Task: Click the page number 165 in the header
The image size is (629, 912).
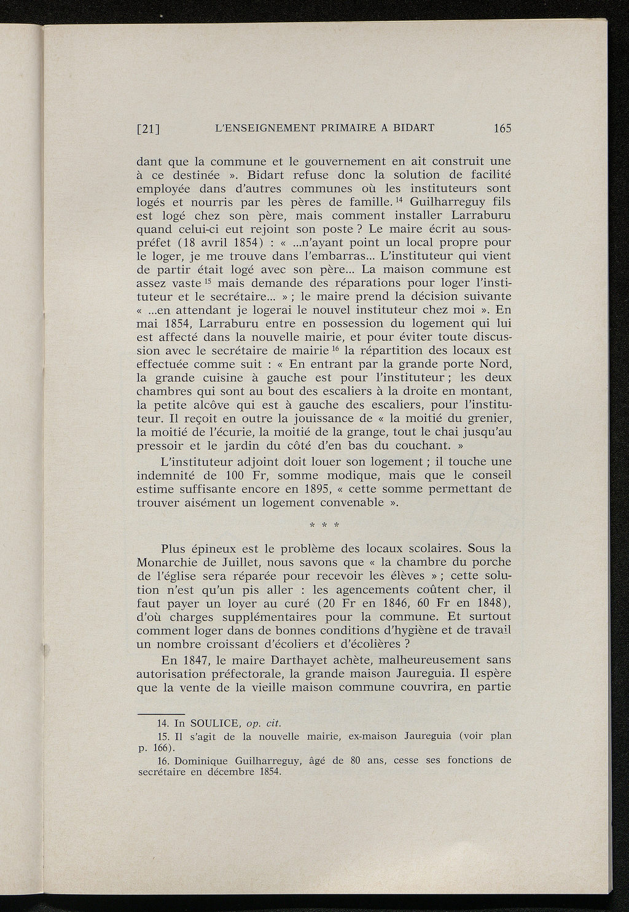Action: [501, 128]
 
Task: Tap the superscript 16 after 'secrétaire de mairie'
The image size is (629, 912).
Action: [335, 348]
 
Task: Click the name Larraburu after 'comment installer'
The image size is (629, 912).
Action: [481, 216]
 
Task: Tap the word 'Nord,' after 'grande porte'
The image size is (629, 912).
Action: [495, 364]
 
